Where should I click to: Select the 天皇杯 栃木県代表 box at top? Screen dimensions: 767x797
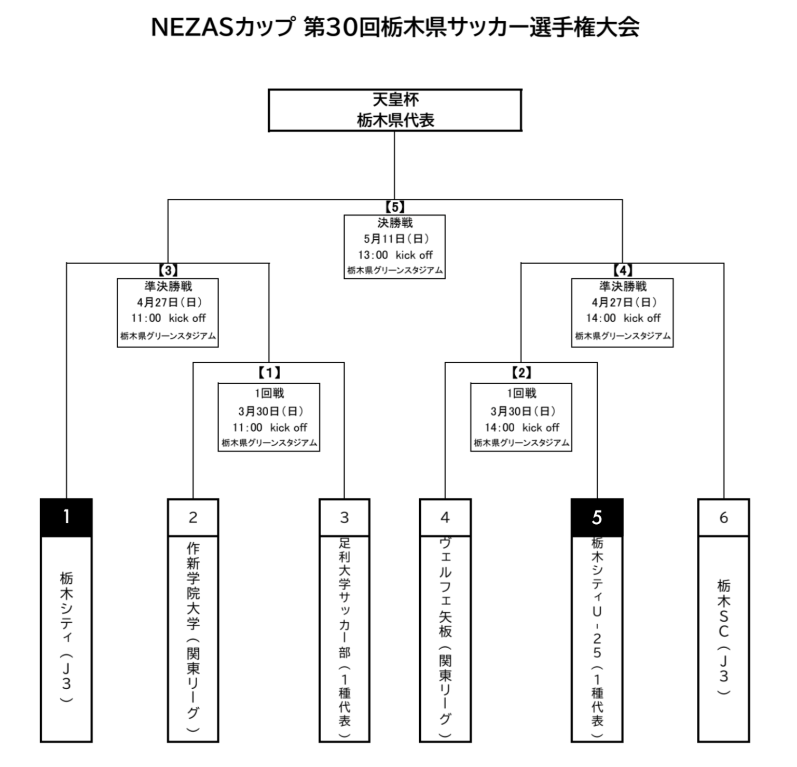point(395,110)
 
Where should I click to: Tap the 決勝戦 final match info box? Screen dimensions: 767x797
point(395,247)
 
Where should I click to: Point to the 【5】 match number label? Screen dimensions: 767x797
point(395,207)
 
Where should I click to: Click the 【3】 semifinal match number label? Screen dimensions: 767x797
point(168,270)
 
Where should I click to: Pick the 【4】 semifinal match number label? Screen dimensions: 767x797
point(623,270)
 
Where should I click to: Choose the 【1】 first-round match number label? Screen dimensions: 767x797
point(269,373)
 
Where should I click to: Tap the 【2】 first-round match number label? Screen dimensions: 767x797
point(521,373)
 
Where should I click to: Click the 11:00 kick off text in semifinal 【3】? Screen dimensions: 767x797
point(168,318)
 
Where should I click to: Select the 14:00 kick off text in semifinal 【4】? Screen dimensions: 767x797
point(623,318)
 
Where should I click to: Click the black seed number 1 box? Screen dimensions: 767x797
point(66,517)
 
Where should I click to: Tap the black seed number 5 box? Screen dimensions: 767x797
point(597,517)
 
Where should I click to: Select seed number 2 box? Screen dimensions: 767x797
point(193,517)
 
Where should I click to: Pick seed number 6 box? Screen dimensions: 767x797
point(724,517)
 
